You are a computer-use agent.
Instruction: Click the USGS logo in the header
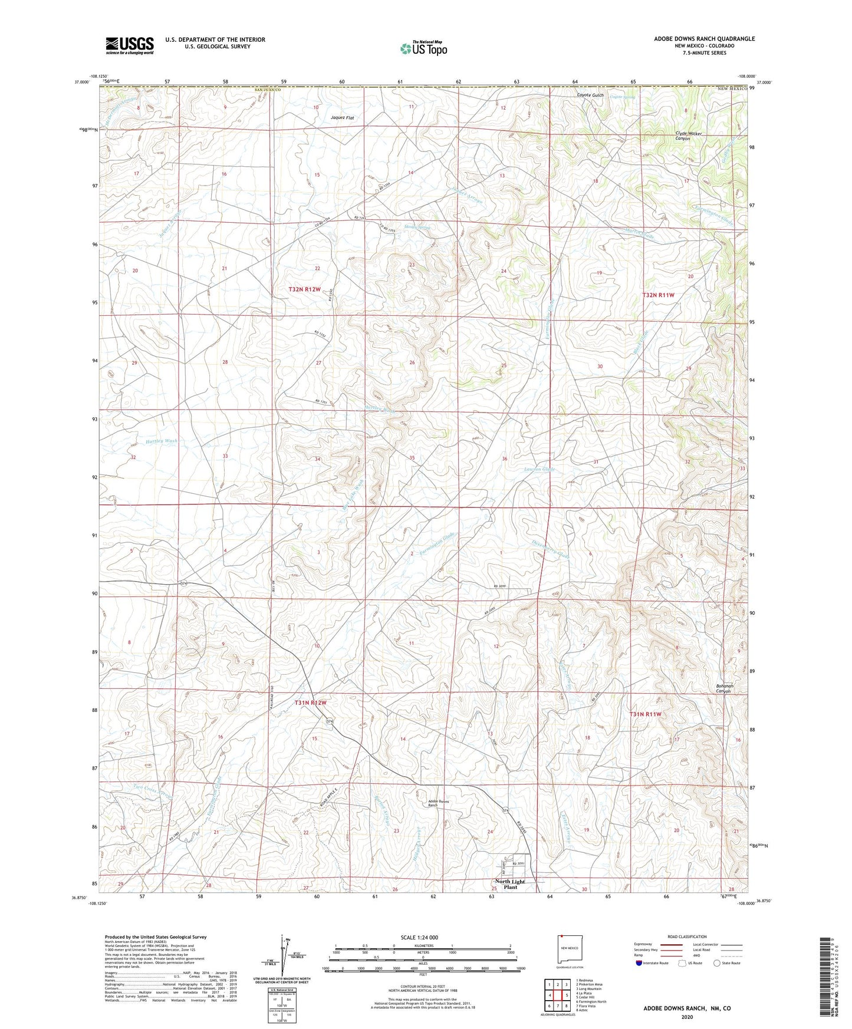130,45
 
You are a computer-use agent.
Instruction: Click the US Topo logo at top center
423,48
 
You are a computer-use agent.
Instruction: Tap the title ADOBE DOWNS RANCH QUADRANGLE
704,39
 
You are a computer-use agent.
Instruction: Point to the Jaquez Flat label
343,118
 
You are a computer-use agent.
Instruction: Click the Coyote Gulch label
590,95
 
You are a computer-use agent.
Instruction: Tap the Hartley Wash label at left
161,441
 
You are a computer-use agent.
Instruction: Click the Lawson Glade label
540,469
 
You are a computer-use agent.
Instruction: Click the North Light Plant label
510,884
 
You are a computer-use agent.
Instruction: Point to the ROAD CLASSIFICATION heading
687,936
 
